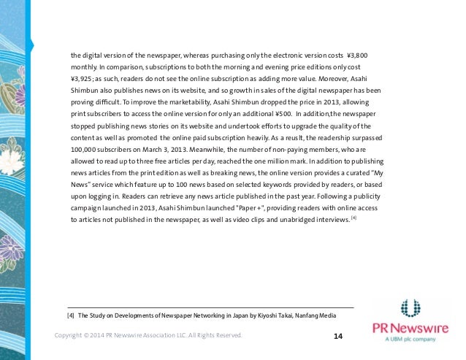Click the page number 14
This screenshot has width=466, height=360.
pyautogui.click(x=337, y=336)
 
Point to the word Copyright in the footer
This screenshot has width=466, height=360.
pyautogui.click(x=72, y=336)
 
